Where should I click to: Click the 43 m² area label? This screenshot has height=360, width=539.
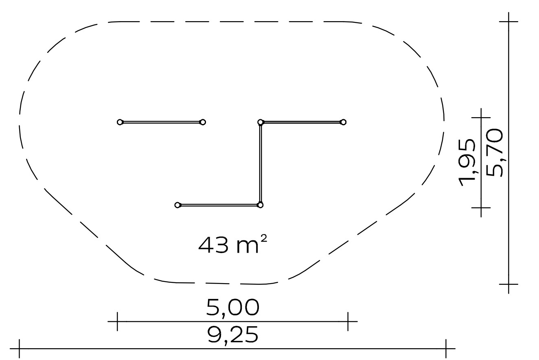(x=232, y=245)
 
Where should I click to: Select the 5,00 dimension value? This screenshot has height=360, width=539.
(x=233, y=308)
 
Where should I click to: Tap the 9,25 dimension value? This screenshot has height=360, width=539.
(x=233, y=336)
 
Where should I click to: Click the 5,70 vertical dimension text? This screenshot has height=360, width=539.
(x=494, y=153)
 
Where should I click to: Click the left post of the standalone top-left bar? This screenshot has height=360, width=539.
(x=120, y=122)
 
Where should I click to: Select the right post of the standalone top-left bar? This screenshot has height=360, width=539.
(x=203, y=122)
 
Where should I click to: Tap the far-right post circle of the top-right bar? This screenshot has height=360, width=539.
(x=343, y=122)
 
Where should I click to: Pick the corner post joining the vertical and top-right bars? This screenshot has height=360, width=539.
(x=260, y=122)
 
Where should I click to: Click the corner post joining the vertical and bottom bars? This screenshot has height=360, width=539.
(x=260, y=205)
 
